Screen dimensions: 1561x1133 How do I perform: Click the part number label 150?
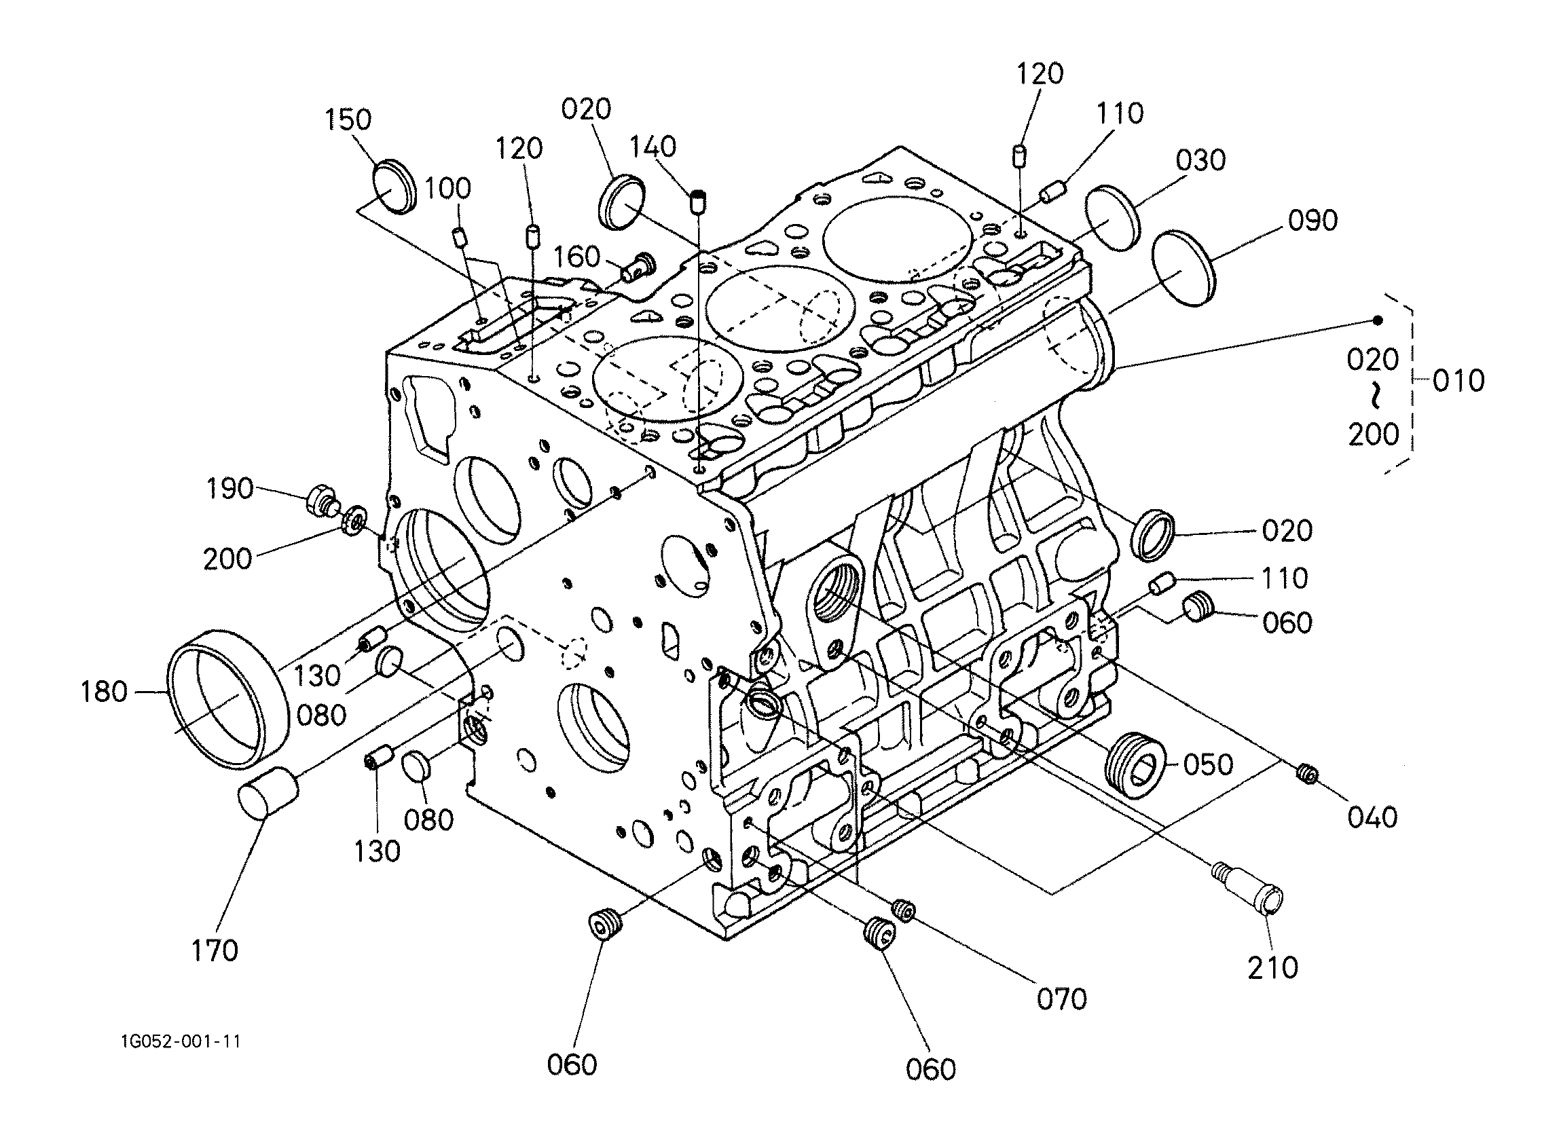[348, 119]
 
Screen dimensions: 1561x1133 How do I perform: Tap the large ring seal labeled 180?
[228, 699]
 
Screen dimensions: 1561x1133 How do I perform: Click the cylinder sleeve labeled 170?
[268, 796]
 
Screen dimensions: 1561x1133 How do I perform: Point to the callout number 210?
[1272, 967]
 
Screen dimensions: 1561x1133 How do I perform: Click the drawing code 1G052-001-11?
[181, 1041]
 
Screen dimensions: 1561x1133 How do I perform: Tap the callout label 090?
[1312, 221]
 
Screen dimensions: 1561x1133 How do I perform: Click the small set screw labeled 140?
[699, 201]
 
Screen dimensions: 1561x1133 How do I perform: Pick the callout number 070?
[1062, 999]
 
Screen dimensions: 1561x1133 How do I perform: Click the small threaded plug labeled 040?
[1306, 775]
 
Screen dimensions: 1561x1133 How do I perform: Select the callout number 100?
[447, 189]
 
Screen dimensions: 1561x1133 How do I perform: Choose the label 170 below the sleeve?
[215, 950]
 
